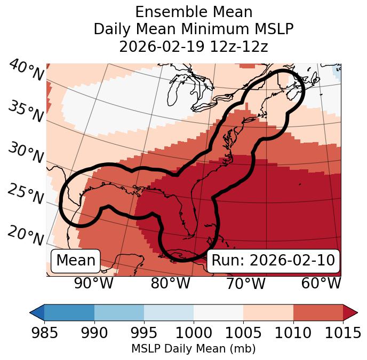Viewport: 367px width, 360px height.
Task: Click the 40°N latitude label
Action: click(x=26, y=71)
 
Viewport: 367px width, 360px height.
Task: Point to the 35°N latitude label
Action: click(x=26, y=112)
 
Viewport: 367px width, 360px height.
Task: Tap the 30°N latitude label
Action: click(x=26, y=153)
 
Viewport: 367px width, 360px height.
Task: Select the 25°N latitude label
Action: click(x=26, y=194)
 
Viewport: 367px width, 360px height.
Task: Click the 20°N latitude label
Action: click(x=26, y=236)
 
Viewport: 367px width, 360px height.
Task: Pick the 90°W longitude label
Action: click(x=93, y=283)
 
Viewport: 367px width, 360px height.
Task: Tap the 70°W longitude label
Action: click(x=246, y=283)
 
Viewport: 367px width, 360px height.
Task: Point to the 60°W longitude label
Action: click(x=321, y=283)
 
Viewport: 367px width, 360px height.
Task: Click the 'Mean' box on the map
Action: click(x=76, y=261)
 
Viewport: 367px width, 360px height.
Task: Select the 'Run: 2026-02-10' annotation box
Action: click(x=273, y=261)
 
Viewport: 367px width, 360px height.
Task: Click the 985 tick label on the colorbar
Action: click(x=44, y=334)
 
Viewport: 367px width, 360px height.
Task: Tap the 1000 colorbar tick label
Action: click(x=194, y=334)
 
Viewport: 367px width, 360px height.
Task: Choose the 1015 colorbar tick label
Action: click(x=342, y=334)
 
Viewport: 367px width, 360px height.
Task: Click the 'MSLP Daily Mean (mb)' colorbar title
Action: click(x=193, y=349)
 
